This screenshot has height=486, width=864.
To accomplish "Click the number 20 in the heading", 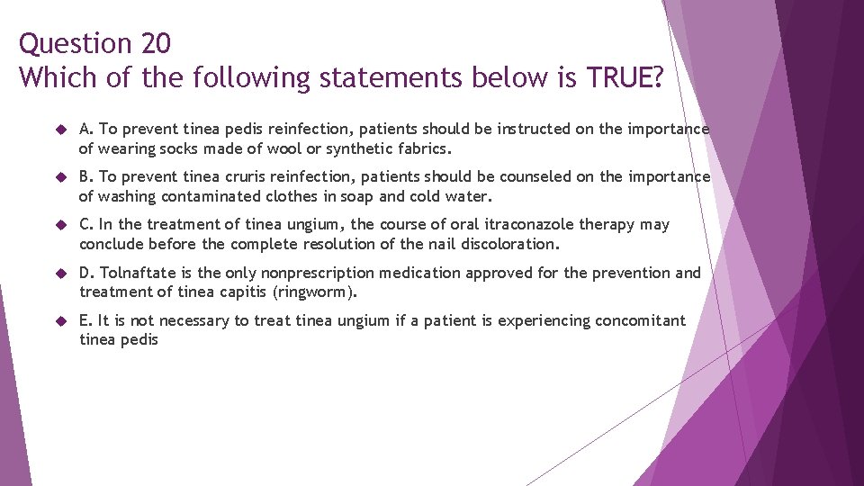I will (153, 43).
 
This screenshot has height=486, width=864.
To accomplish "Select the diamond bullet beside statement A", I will (59, 130).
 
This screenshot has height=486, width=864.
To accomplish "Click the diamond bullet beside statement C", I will (59, 225).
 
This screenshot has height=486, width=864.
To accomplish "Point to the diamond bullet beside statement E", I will (59, 321).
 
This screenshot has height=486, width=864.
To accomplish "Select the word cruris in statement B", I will (231, 177).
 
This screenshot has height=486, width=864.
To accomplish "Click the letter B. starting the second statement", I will (86, 177).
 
